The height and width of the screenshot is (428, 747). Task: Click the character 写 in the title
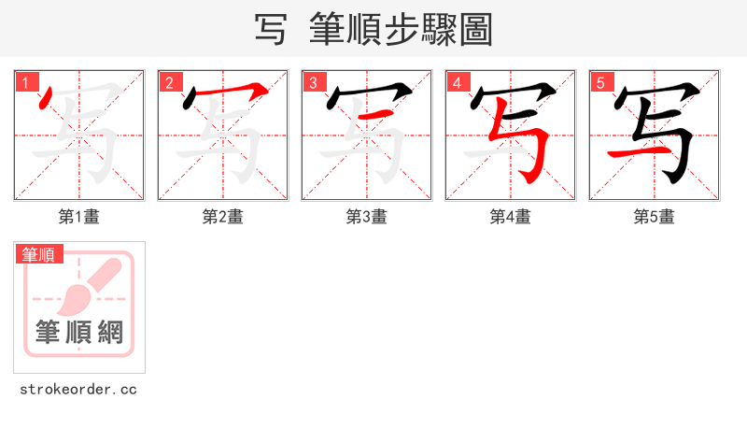coord(271,29)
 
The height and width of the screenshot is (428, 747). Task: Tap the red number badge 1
coord(26,83)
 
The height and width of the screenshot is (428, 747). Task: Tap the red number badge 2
coord(170,83)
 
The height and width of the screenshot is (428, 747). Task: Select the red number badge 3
coord(314,83)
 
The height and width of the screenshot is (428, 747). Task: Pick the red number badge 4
coord(458,83)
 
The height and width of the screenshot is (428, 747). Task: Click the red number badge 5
coord(601,83)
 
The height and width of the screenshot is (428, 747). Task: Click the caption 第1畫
coord(79,217)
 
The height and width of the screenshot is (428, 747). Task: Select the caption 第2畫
coord(223,217)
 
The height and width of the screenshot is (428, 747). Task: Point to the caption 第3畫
coord(367,217)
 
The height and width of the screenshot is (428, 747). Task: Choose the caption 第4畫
coord(511,217)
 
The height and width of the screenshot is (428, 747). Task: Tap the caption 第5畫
coord(655,217)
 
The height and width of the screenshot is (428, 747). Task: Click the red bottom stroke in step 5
coord(627,150)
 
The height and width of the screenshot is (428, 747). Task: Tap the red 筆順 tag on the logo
coord(38,254)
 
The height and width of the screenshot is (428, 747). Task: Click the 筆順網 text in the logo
coord(79,332)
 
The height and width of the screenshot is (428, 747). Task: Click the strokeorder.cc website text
coord(78,389)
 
